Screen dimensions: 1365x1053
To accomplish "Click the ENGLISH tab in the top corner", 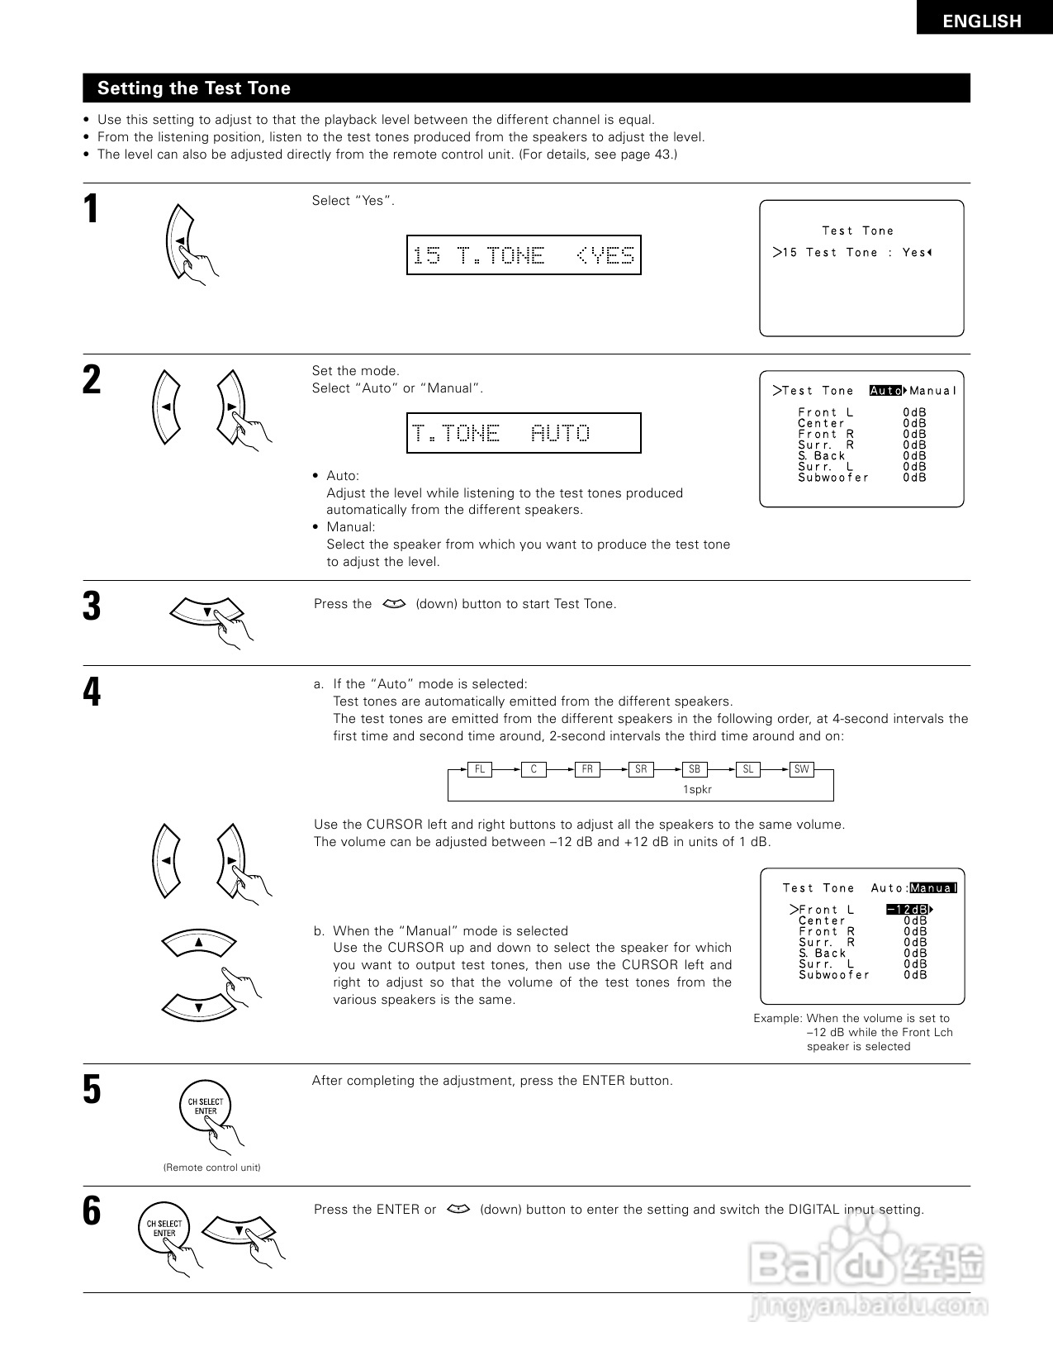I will [x=982, y=21].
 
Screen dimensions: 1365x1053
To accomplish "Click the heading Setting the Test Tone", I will [x=194, y=88].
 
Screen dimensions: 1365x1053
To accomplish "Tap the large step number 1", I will [x=92, y=209].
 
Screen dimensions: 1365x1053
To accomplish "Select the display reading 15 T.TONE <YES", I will [x=524, y=255].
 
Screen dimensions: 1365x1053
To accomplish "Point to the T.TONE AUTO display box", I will [x=524, y=433].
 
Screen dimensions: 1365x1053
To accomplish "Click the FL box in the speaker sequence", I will [x=479, y=769].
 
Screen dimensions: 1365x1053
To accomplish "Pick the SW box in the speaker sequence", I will [x=801, y=769].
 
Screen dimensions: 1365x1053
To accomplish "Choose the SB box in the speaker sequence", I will [x=695, y=769].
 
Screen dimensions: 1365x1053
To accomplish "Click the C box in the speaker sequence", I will [x=534, y=769].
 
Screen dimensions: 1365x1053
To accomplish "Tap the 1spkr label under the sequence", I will [x=697, y=789].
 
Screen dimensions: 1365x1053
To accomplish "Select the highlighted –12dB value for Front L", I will [x=908, y=910].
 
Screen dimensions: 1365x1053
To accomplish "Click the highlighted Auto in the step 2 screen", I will [x=886, y=391].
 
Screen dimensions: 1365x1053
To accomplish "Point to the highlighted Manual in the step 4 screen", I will [x=933, y=888].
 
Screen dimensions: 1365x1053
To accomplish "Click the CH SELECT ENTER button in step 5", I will [x=205, y=1106].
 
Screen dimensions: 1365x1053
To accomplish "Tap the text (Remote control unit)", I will [x=211, y=1168].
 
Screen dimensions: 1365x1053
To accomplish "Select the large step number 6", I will [x=92, y=1212].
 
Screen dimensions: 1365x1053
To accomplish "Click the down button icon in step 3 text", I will [x=395, y=604].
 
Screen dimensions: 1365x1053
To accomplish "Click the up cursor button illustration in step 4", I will [x=198, y=942].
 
